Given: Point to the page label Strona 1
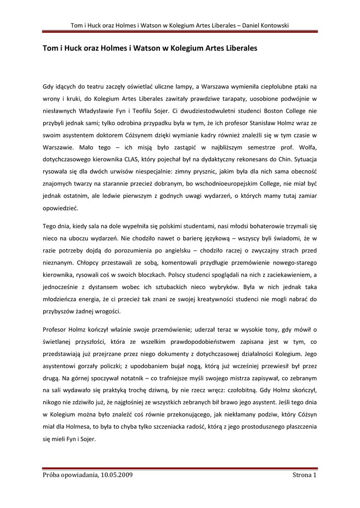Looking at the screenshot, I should pyautogui.click(x=304, y=475).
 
